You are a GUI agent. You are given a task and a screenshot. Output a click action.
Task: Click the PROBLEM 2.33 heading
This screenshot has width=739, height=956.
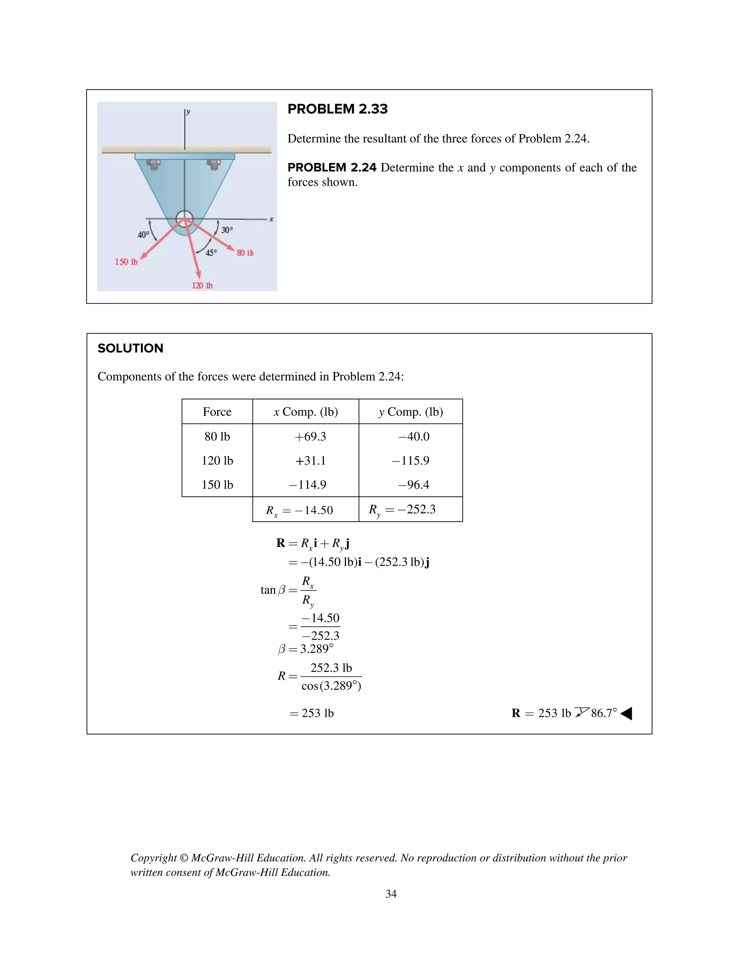coord(337,109)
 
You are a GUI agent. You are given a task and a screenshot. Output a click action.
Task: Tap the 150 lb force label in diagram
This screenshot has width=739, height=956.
coord(126,262)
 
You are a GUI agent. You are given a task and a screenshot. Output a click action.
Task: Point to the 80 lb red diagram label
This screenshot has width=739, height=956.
coord(245,253)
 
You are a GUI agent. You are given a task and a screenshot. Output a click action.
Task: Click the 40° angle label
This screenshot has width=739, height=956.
coord(143,234)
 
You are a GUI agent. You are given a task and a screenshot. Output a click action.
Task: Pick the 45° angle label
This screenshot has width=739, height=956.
coord(211,253)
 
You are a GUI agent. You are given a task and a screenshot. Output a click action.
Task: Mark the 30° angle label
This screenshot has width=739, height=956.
coord(227,230)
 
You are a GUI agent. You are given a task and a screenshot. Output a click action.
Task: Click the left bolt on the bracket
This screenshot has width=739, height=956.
coord(153,165)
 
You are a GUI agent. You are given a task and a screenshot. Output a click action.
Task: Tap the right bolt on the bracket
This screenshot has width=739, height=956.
coord(214,165)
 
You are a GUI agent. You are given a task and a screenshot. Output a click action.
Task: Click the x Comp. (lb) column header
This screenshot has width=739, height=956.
coord(306,412)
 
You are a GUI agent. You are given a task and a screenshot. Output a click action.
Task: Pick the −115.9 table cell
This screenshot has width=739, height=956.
coord(410,460)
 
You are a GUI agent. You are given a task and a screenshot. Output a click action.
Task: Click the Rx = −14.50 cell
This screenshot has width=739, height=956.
coord(299,510)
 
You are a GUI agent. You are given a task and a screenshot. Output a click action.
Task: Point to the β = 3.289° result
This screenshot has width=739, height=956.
coord(306,649)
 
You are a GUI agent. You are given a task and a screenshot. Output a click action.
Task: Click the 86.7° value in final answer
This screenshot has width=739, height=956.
coord(603,713)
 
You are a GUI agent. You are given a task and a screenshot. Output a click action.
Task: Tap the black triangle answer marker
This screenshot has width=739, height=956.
coord(626,714)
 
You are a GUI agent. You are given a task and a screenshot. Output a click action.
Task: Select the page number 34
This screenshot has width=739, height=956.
coord(390,894)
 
